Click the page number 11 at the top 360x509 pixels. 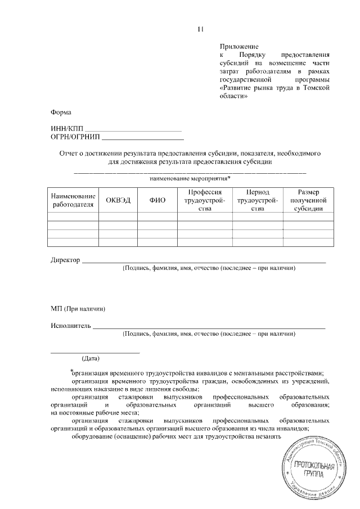(200, 29)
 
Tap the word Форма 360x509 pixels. (61, 112)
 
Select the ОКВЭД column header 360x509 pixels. (118, 201)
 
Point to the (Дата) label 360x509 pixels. (91, 358)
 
